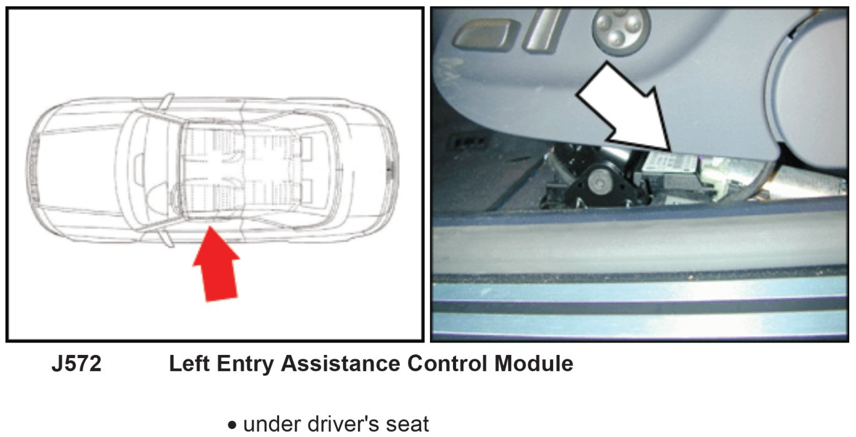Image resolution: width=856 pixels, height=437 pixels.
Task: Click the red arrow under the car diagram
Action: (217, 267)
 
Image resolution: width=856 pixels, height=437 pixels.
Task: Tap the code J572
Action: (77, 363)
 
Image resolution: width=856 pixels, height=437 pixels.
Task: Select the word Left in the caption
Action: (190, 363)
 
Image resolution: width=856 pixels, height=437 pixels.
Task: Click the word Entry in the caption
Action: (245, 364)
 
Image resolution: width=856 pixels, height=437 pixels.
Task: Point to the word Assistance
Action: (340, 363)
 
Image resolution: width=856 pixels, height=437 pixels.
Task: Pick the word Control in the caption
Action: (447, 363)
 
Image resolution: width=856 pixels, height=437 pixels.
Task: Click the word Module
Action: (534, 363)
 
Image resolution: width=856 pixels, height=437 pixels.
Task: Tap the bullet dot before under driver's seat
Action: (232, 425)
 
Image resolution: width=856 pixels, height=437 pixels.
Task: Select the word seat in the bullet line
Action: (408, 424)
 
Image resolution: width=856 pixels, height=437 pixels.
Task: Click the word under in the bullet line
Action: (272, 424)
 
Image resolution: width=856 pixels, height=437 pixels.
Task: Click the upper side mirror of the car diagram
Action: (167, 101)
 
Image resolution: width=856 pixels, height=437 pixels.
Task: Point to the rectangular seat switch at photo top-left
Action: (486, 35)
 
